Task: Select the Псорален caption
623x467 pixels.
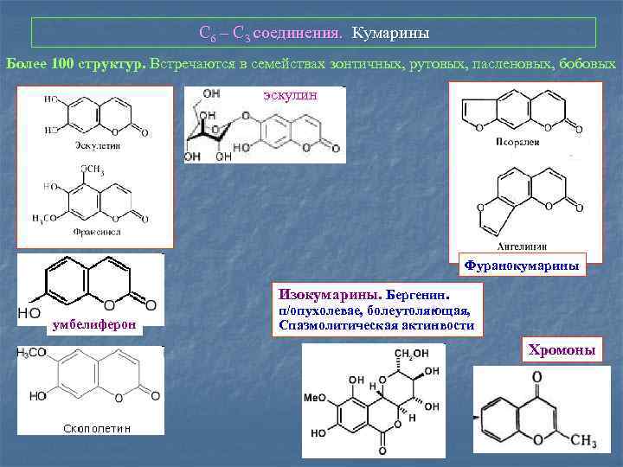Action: pyautogui.click(x=518, y=140)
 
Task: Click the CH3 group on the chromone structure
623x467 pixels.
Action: pyautogui.click(x=582, y=442)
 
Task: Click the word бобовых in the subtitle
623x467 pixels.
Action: pyautogui.click(x=588, y=65)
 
